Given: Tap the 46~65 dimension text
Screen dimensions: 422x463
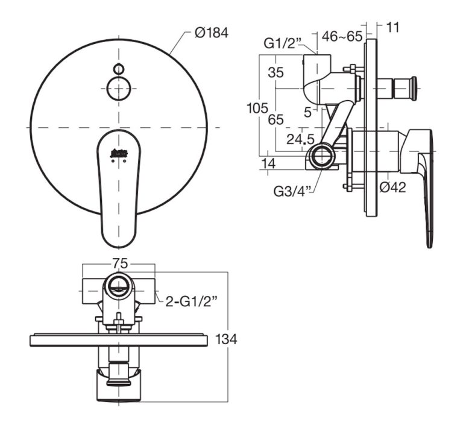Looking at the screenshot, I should click(342, 36).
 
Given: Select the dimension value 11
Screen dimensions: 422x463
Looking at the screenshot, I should click(394, 27).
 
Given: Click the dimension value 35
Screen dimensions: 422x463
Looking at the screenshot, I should click(276, 72).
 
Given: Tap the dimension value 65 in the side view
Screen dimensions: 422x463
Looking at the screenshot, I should click(276, 119).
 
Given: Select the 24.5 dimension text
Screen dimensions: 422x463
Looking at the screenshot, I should click(300, 139).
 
